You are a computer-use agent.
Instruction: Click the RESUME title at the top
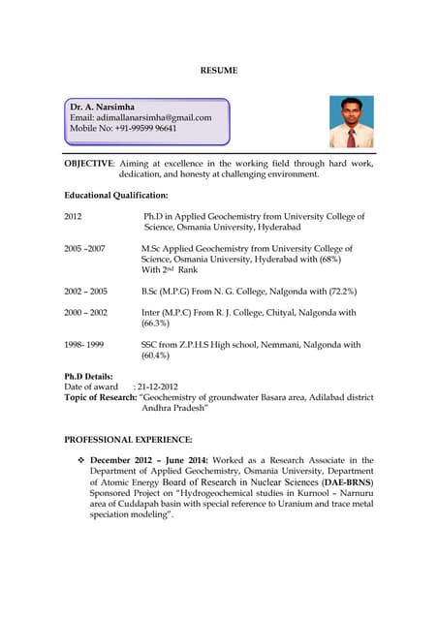tap(218, 71)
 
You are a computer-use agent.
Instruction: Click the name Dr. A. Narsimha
tap(103, 106)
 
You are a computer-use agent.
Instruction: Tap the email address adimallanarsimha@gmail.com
tap(141, 117)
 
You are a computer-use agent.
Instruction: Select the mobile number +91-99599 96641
tap(141, 128)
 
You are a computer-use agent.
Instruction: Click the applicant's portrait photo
tap(351, 121)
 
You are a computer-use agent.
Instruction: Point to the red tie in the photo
tap(351, 137)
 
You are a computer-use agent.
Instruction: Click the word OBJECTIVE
tap(88, 164)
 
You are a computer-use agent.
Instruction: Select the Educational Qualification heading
tap(115, 196)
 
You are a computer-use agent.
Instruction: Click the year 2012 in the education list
tap(74, 216)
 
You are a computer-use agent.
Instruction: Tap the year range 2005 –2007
tap(84, 249)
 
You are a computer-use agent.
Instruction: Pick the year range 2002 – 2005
tap(85, 291)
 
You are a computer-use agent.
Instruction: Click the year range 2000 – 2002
tap(85, 313)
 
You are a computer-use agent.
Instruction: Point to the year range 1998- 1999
tap(83, 344)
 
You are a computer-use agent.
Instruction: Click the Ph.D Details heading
tap(88, 376)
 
